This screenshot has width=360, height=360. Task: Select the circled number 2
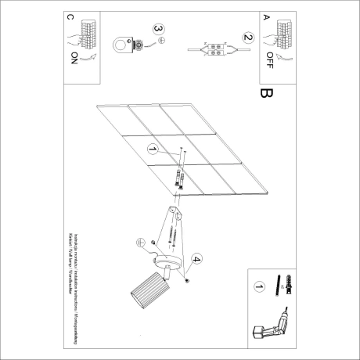tap(248, 37)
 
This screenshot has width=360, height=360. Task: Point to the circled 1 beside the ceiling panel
tap(152, 149)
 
